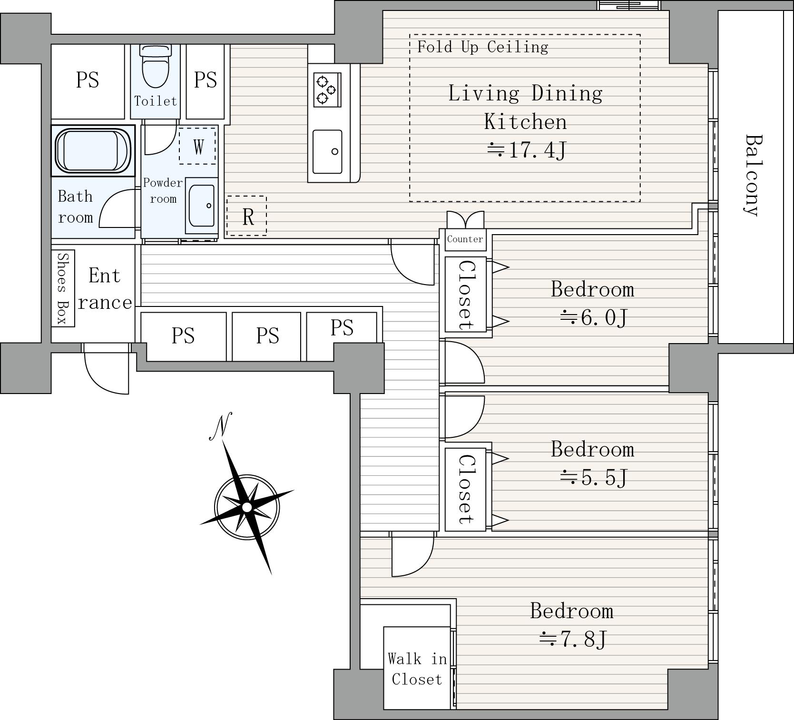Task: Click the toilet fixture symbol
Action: coord(156,67)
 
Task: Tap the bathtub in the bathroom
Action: coord(93,151)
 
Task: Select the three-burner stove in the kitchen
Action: coord(327,89)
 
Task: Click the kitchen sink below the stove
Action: coord(327,152)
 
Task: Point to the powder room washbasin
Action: coord(201,206)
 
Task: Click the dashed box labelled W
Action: coord(197,146)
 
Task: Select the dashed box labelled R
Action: coord(246,216)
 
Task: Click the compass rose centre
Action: coord(246,507)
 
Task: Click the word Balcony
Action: coord(753,175)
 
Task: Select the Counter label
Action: coord(465,239)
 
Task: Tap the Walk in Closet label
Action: coord(417,669)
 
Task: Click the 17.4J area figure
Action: coord(527,150)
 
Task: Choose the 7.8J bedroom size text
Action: coord(573,639)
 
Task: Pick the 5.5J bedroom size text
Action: coord(594,477)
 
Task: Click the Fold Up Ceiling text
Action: coord(482,47)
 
